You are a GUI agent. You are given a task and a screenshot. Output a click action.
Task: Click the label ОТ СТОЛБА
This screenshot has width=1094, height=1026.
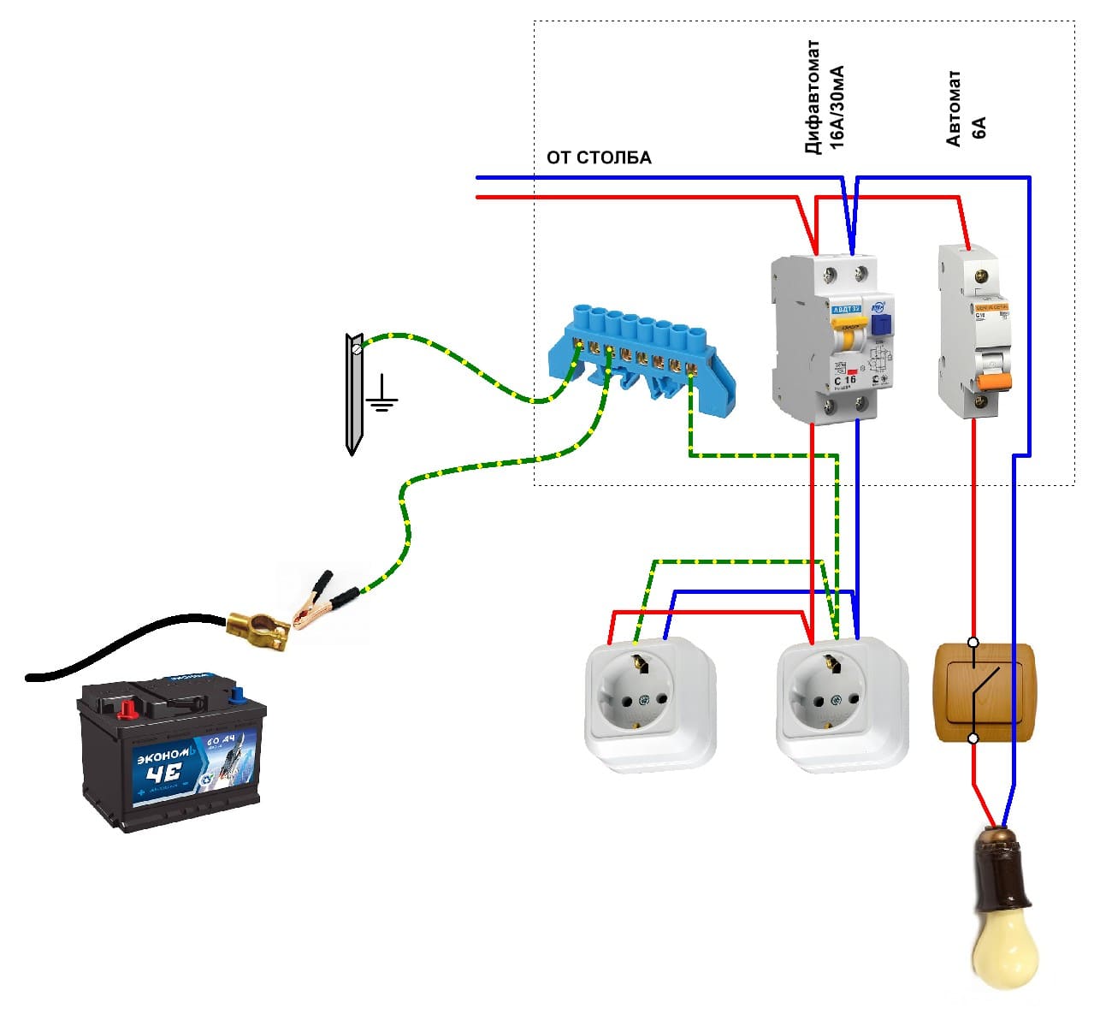[599, 157]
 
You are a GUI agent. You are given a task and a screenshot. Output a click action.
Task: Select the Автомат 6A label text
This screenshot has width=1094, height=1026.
[966, 110]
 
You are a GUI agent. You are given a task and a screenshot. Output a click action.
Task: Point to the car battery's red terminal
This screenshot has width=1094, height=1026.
[127, 709]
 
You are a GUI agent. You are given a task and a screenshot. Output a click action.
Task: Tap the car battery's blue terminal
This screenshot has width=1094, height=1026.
[236, 694]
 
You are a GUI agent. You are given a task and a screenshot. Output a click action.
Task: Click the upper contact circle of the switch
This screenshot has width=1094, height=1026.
[973, 642]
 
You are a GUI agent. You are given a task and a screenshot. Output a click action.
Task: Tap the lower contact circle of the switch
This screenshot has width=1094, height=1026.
[973, 738]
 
